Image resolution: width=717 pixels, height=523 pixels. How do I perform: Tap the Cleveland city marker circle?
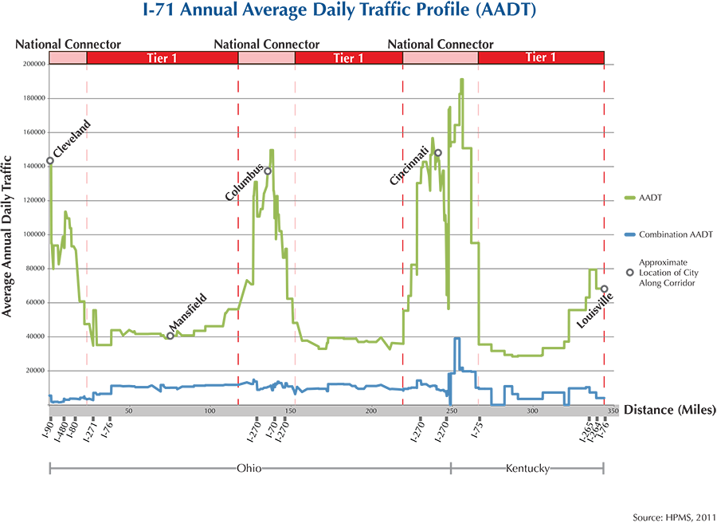(x=50, y=160)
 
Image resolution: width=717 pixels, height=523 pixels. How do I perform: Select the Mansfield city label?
(x=188, y=313)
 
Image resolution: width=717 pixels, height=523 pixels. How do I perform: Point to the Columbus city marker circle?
(x=268, y=171)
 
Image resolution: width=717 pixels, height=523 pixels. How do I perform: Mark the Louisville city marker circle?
(x=604, y=289)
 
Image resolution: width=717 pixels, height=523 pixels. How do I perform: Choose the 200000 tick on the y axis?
(x=33, y=65)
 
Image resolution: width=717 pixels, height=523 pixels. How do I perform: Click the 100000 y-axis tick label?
(x=33, y=234)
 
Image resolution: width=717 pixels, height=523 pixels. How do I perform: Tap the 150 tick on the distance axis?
(x=290, y=411)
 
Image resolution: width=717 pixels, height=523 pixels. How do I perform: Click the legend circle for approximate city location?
(x=630, y=272)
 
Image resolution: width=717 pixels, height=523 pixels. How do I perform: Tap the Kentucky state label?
(x=527, y=469)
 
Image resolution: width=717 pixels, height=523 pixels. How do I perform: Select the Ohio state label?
(x=249, y=469)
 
